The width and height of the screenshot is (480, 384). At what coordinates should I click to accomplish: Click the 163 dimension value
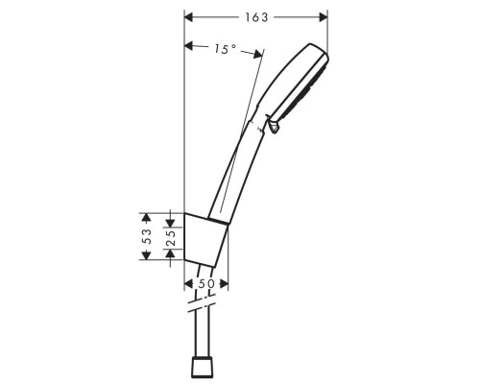[255, 17]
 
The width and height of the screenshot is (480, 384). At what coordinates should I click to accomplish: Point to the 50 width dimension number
[205, 285]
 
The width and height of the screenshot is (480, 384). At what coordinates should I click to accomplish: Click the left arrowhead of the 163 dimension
[188, 17]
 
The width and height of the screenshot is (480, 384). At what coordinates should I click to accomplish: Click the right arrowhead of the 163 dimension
[324, 17]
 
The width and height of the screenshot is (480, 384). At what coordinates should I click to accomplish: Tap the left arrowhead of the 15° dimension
[189, 45]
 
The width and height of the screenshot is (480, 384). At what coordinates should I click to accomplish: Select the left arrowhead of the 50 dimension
[187, 285]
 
